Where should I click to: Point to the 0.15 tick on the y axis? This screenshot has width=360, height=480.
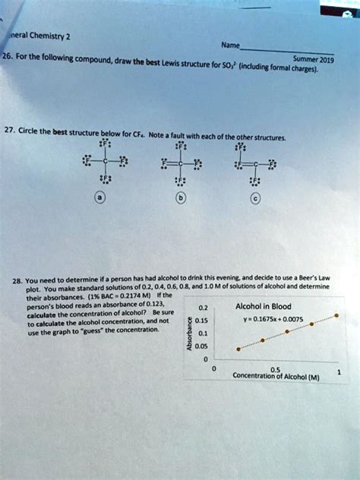[x=201, y=320]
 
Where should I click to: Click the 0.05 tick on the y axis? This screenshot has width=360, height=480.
[x=202, y=347]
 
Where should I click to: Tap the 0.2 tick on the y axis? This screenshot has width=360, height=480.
[x=201, y=308]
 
